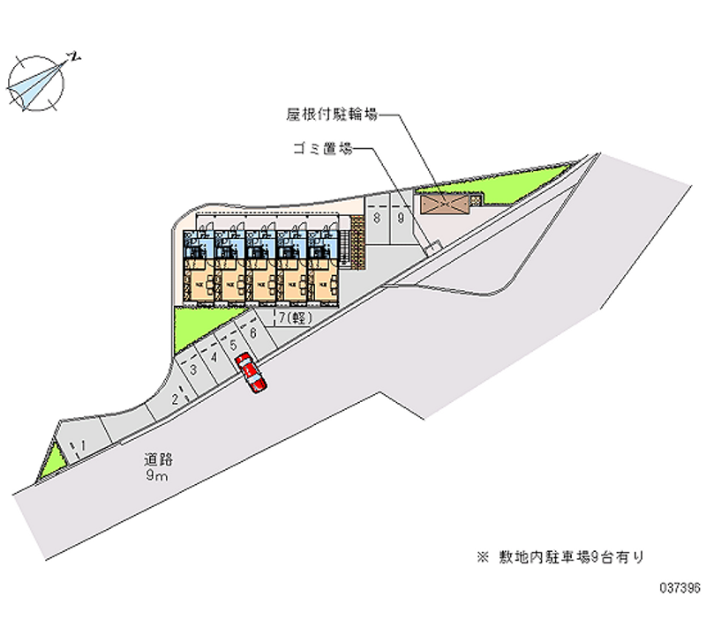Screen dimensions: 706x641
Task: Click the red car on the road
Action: click(x=251, y=374)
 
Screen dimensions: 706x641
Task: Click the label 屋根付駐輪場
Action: click(x=332, y=114)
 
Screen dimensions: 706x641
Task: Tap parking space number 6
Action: click(x=253, y=332)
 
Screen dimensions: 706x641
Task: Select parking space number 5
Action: click(x=233, y=345)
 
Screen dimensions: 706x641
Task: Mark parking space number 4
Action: click(x=214, y=357)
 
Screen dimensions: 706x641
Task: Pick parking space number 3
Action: click(x=192, y=370)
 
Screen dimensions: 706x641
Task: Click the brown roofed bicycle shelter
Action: click(x=447, y=204)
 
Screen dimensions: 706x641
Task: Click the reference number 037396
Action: click(x=677, y=585)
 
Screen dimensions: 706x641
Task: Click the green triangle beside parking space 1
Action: click(x=53, y=459)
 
